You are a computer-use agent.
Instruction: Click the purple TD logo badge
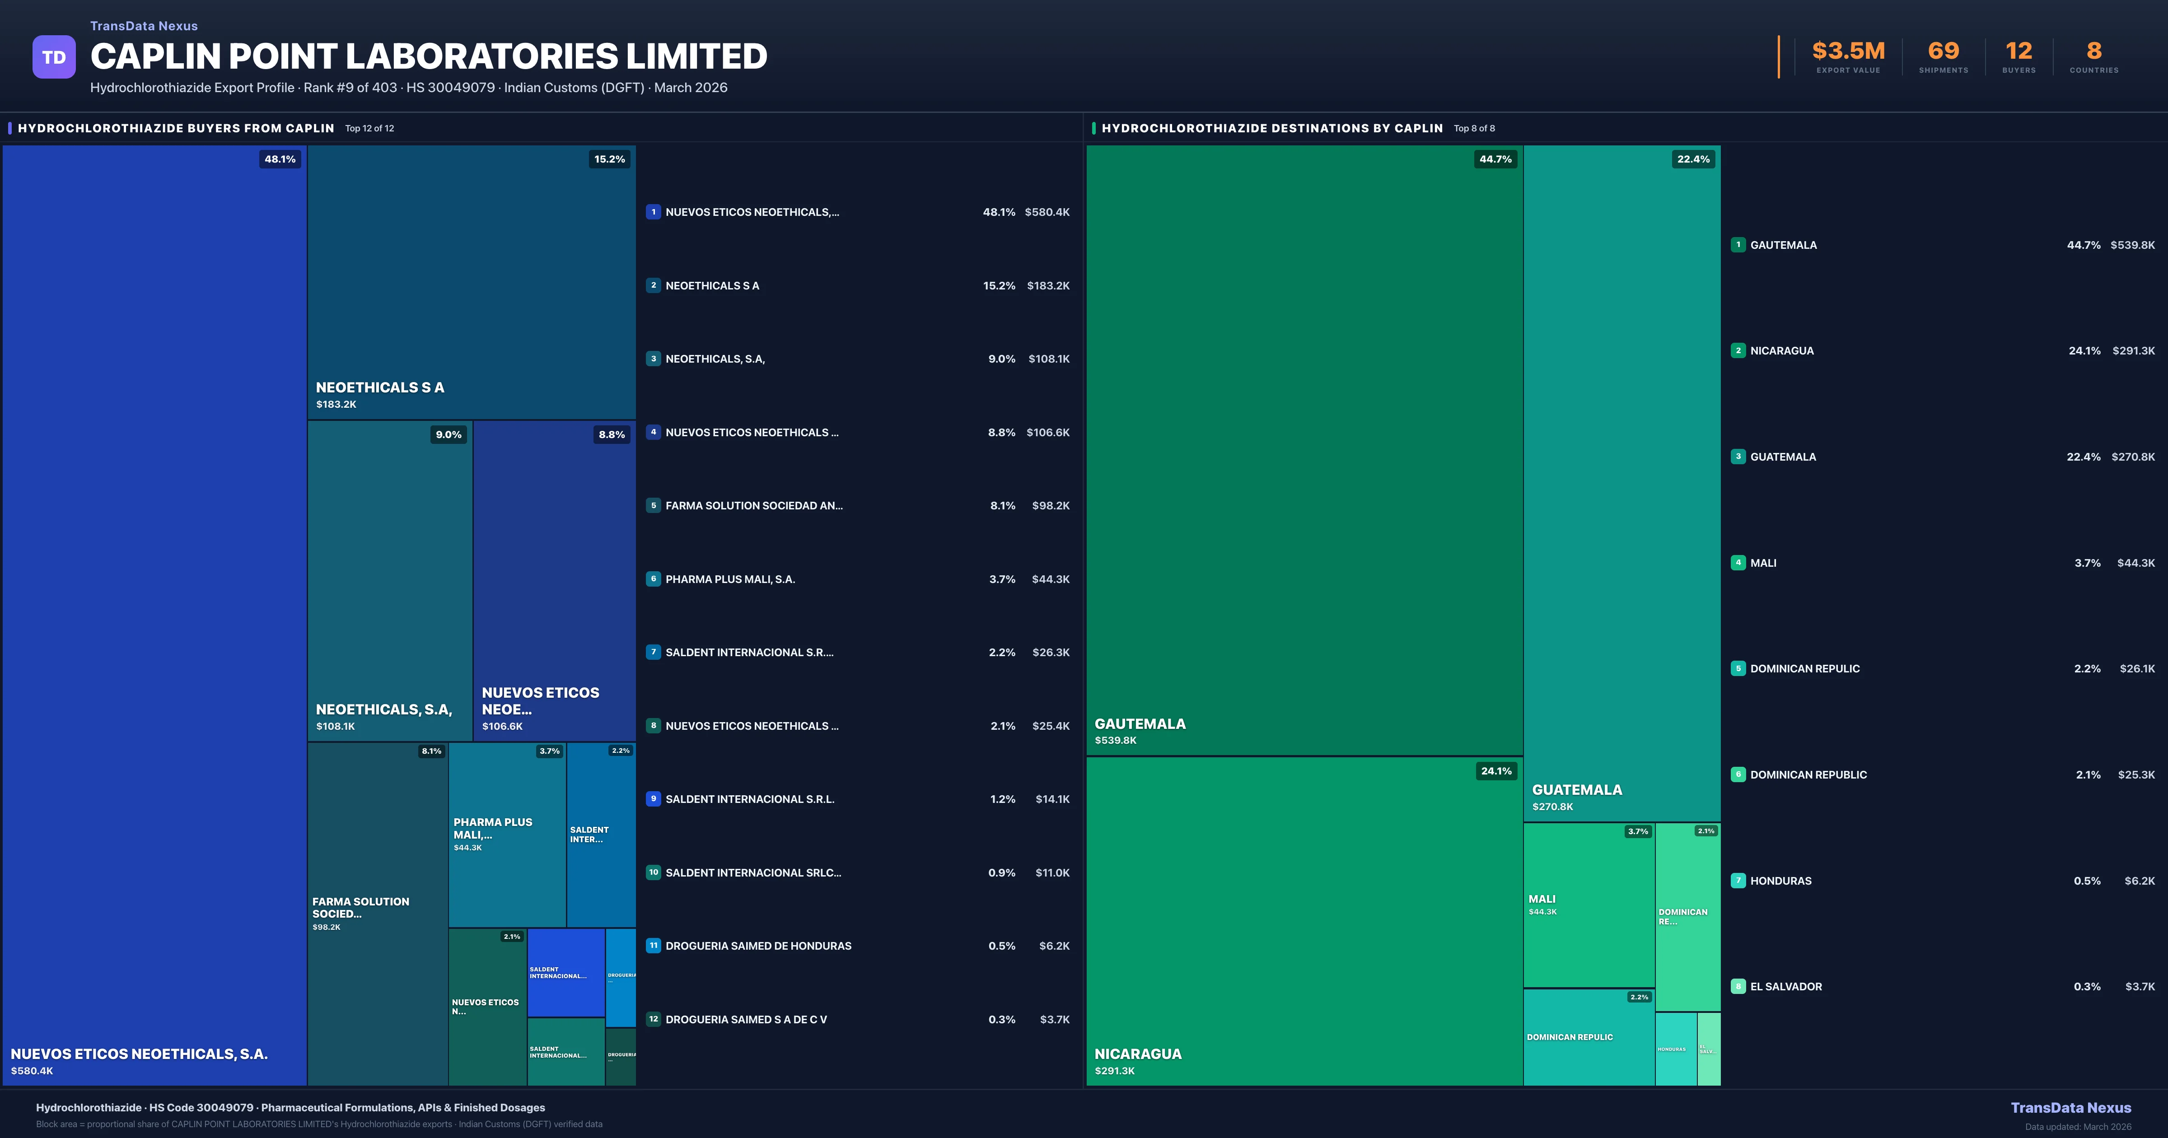(54, 57)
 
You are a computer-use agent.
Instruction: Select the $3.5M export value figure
(1848, 51)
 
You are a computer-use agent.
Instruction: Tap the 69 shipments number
(1943, 51)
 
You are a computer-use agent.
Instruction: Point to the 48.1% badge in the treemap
(280, 159)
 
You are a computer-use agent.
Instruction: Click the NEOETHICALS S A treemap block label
(379, 387)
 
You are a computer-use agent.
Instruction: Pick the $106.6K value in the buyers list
(1048, 433)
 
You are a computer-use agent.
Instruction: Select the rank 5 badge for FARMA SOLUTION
(653, 506)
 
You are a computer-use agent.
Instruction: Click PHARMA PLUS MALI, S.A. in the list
(730, 579)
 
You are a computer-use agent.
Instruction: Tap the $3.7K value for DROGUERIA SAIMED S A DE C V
(1055, 1019)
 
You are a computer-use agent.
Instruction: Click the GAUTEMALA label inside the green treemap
(1140, 724)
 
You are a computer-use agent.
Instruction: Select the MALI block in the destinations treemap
(1588, 905)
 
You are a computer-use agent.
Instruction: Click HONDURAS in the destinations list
(1781, 881)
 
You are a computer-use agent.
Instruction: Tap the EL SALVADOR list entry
(1786, 986)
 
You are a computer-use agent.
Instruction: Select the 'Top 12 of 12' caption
(369, 129)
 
